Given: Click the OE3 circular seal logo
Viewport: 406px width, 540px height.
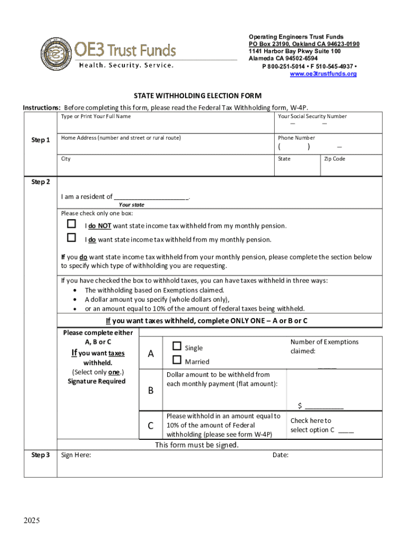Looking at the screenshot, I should click(54, 54).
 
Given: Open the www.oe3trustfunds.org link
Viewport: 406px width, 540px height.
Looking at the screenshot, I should click(323, 74).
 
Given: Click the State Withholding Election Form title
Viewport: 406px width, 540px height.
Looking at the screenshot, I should click(197, 96).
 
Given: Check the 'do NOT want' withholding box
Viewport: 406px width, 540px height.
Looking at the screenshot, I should click(71, 224).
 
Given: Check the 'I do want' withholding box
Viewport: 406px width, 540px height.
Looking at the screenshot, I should click(71, 238).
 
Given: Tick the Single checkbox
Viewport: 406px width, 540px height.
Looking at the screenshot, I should click(177, 346).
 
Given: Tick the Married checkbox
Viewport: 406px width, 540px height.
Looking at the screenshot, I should click(177, 361).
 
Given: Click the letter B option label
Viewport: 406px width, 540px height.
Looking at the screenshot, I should click(151, 391).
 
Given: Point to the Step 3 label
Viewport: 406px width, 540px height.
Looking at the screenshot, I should click(41, 455).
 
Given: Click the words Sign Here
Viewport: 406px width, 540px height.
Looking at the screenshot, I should click(76, 455).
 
